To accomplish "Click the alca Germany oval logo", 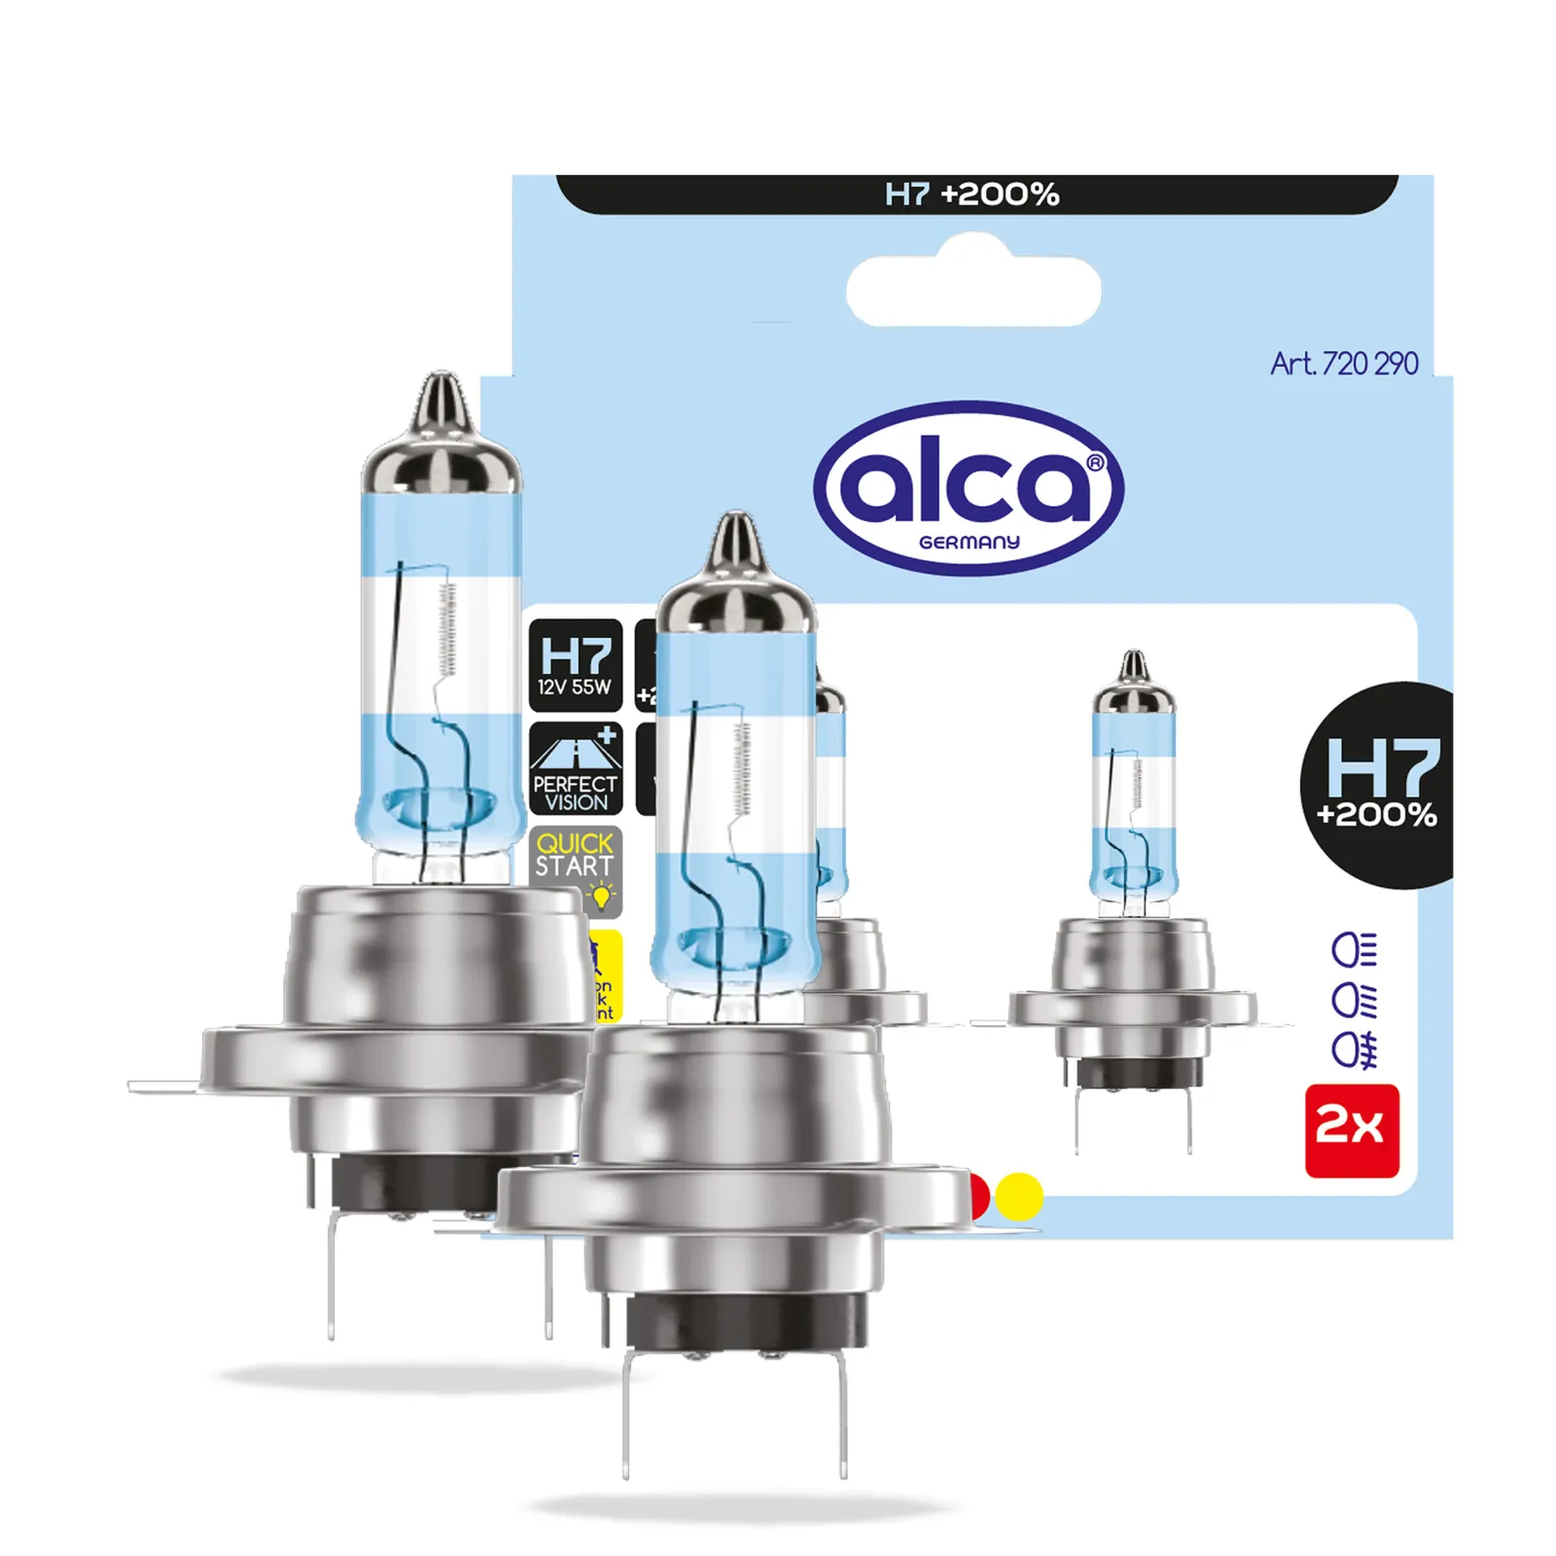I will (x=969, y=488).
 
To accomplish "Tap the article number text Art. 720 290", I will (x=1343, y=364).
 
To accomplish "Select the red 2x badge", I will (x=1351, y=1130).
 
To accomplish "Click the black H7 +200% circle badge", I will (x=1379, y=785).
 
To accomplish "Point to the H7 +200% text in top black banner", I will (x=972, y=194).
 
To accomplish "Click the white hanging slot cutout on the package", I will (x=972, y=291).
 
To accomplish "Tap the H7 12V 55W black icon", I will (x=575, y=665).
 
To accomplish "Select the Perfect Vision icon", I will (x=575, y=768).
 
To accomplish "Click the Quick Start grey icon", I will (x=575, y=868).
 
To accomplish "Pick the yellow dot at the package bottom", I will (x=1019, y=1195).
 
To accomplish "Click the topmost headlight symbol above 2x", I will (x=1354, y=950).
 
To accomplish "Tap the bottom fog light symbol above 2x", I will (x=1354, y=1050).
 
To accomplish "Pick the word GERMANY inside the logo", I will (x=969, y=543).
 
